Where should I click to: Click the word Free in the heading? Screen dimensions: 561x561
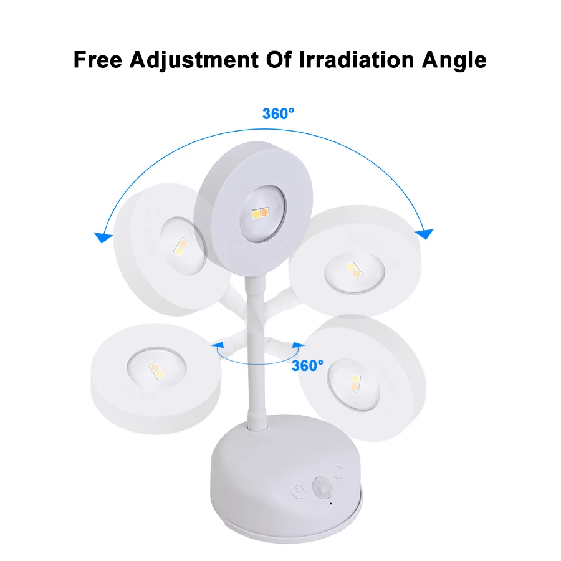coord(98,59)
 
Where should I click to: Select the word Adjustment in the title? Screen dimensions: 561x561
coord(194,60)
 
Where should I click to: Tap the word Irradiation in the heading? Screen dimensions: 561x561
coord(357,59)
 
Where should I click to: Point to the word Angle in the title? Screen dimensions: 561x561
coord(454,60)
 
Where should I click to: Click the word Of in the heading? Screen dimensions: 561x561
coord(279,59)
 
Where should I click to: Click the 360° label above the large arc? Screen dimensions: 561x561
coord(278,114)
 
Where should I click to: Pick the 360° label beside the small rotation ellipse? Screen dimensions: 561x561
coord(307,366)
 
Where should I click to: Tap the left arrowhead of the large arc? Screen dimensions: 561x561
coord(103,237)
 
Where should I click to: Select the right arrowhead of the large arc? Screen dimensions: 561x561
coord(424,234)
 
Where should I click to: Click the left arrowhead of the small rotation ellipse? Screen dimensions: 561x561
coord(218,345)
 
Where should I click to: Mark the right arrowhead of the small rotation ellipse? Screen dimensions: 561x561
coord(298,345)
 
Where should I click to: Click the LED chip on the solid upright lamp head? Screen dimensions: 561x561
coord(260,213)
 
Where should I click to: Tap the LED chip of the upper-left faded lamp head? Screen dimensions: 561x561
coord(181,247)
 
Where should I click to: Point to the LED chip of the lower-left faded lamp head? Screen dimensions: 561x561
coord(156,371)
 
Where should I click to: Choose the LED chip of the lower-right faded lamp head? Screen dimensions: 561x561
coord(355,383)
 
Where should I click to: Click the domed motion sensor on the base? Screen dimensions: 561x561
coord(322,487)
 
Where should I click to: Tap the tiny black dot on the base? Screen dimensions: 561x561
coord(330,504)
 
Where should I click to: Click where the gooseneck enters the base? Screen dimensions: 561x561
coord(256,426)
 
